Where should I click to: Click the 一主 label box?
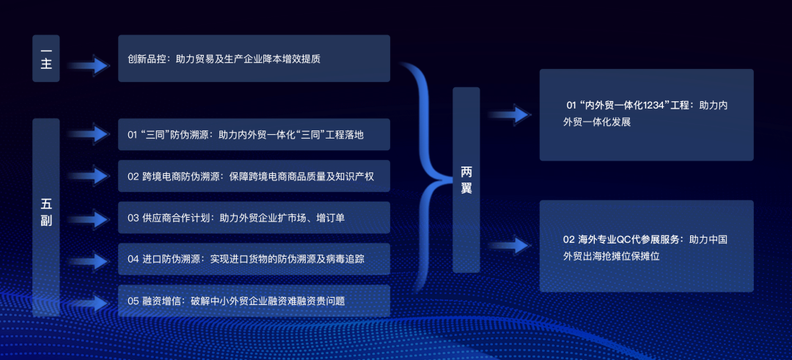click(46, 58)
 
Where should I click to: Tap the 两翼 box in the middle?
click(466, 180)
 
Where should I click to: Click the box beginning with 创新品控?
click(254, 58)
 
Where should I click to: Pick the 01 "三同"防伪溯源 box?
click(254, 134)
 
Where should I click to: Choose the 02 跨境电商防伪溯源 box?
click(254, 176)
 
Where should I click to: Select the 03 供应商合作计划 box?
click(254, 218)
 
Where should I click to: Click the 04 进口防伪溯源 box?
click(254, 259)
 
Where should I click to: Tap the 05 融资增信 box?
click(254, 301)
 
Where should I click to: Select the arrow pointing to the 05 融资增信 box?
click(89, 304)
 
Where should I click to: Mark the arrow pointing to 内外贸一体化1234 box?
click(510, 114)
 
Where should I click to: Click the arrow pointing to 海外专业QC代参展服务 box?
click(510, 246)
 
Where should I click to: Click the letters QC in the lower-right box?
click(623, 239)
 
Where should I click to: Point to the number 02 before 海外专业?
click(568, 239)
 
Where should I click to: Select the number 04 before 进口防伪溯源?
click(133, 259)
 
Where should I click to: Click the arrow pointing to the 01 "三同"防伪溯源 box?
click(89, 134)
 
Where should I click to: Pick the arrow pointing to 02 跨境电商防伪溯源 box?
click(89, 176)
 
